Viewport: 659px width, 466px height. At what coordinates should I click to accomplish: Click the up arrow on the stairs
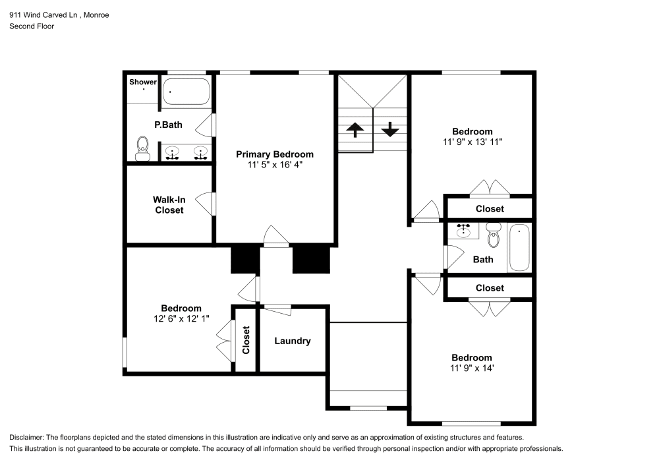click(x=355, y=129)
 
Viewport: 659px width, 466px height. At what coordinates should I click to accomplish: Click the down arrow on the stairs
click(x=390, y=129)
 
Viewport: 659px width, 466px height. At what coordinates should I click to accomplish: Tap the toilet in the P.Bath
click(x=142, y=148)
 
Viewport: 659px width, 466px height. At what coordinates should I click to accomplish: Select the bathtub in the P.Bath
click(x=186, y=92)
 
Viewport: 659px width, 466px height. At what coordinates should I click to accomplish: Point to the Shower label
click(x=143, y=82)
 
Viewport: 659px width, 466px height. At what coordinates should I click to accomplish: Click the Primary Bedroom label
click(x=275, y=154)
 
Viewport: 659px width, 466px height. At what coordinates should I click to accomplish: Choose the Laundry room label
click(x=293, y=341)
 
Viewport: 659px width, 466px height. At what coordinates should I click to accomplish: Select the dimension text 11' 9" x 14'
click(x=472, y=368)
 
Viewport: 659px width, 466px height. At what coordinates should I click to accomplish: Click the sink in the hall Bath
click(x=465, y=231)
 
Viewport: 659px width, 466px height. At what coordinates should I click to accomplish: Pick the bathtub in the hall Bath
click(x=519, y=248)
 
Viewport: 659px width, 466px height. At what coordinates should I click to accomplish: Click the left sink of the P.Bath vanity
click(x=173, y=154)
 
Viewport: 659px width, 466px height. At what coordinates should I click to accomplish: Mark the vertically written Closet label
click(x=246, y=340)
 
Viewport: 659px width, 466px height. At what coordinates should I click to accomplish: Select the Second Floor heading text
click(x=32, y=26)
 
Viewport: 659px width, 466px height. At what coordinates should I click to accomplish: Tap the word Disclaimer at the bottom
click(x=28, y=438)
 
